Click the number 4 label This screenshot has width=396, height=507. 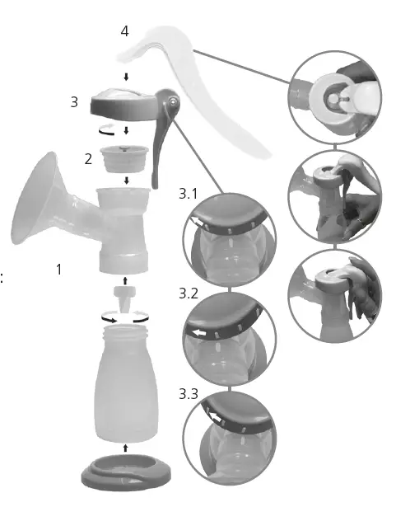[x=124, y=31]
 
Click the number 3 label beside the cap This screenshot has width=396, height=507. [x=74, y=103]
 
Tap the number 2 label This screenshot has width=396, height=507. [x=88, y=159]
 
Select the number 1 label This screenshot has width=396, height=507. [x=58, y=269]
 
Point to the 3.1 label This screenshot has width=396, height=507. [x=189, y=195]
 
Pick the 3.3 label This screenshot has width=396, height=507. [x=189, y=393]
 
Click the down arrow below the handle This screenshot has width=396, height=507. [x=124, y=77]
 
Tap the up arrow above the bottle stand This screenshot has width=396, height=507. [x=124, y=448]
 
